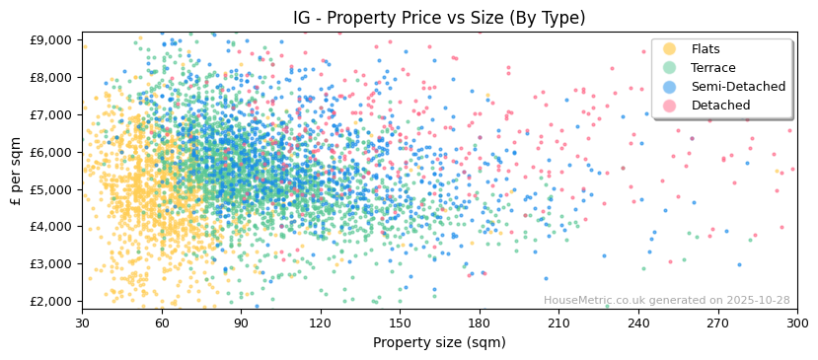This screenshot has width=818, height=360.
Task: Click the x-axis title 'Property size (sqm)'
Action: pos(439,342)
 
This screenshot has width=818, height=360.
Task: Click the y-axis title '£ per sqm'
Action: pos(16,171)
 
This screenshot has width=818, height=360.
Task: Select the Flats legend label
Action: pos(706,49)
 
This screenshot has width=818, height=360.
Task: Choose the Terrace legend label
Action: pos(712,68)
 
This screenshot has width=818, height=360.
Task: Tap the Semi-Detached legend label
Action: pos(738,87)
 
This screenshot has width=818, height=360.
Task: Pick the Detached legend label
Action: pos(720,106)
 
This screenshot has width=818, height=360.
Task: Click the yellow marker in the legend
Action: pos(670,49)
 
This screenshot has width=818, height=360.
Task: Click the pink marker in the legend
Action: pos(670,106)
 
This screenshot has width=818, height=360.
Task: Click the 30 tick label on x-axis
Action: pos(82,323)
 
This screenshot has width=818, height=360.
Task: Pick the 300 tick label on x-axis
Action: pos(797,323)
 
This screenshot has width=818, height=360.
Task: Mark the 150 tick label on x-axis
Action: pos(400,323)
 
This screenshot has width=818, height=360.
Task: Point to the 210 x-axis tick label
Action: pos(558,323)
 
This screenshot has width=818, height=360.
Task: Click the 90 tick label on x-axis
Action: pos(241,323)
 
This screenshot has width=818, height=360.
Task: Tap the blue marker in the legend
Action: pos(670,87)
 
